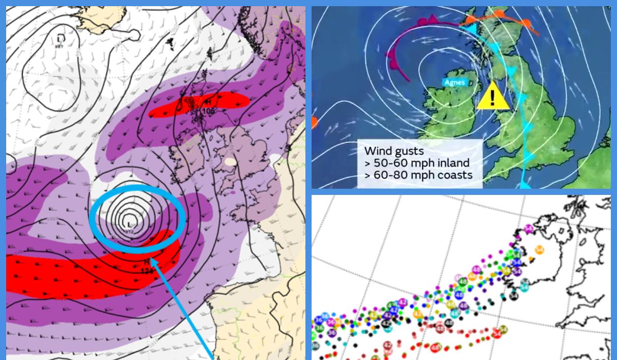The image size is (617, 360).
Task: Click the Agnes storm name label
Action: coord(454,82)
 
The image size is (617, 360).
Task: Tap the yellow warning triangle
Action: coord(493,97)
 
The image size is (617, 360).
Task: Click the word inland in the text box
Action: coord(453,163)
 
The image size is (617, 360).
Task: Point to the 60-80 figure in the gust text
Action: coord(391,175)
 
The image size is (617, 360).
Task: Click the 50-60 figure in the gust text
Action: coord(391,163)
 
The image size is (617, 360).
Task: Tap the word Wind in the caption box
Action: coord(375,151)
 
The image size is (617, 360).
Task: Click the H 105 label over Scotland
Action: coord(208,105)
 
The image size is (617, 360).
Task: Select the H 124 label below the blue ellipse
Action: coord(147,266)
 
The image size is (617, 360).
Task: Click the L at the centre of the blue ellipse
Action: coord(128,224)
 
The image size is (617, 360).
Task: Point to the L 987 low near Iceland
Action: coord(61,40)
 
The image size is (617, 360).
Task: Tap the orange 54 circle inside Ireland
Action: coord(539,250)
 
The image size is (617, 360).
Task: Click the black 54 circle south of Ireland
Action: coord(514,296)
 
